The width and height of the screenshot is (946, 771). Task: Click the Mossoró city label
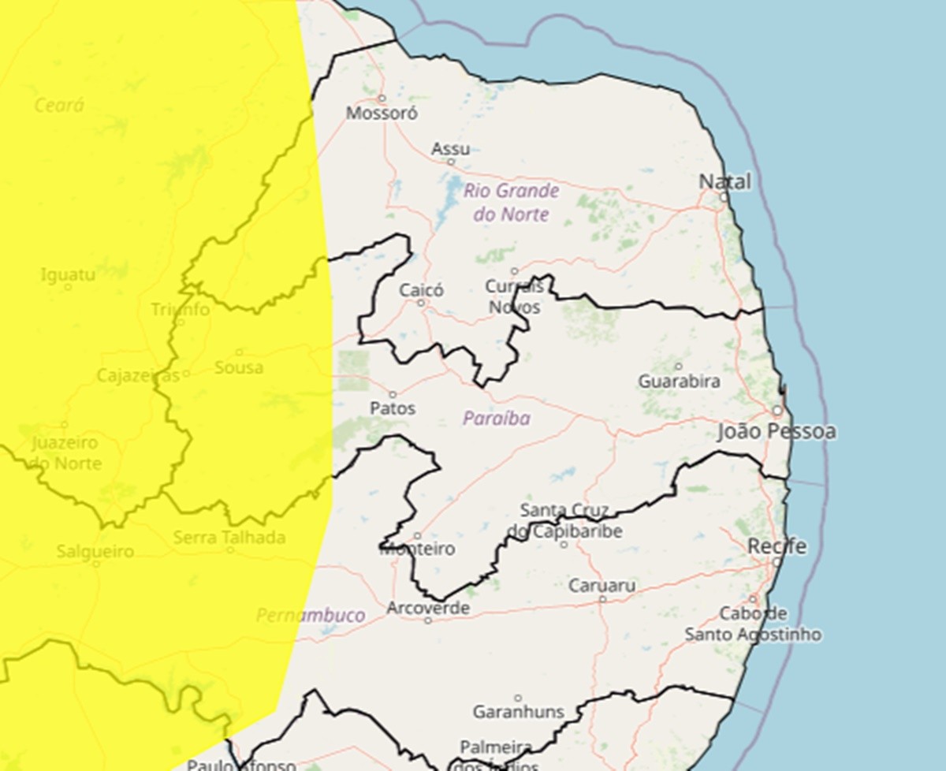click(382, 113)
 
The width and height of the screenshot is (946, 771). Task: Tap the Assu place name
click(450, 149)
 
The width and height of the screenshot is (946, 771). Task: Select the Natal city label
click(725, 182)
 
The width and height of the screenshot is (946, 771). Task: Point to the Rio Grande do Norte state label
click(511, 202)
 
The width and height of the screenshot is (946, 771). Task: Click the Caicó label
click(421, 290)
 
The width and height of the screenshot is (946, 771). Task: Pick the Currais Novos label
click(514, 296)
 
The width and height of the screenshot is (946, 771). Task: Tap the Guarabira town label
click(679, 381)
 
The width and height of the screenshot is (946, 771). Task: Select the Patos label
click(393, 408)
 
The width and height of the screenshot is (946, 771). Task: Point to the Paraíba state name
click(496, 419)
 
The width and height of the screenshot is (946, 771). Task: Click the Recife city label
click(777, 546)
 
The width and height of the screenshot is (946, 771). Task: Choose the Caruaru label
click(603, 586)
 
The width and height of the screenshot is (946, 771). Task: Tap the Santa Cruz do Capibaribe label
click(565, 520)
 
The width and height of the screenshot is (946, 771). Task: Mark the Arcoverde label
click(428, 609)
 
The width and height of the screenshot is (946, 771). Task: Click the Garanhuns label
click(518, 712)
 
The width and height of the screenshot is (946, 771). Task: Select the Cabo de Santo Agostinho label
click(753, 624)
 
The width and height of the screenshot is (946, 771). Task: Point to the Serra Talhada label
click(229, 538)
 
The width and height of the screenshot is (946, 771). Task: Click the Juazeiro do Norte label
click(65, 453)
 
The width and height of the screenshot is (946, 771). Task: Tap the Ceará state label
click(59, 105)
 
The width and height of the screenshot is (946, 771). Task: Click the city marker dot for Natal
click(724, 197)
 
